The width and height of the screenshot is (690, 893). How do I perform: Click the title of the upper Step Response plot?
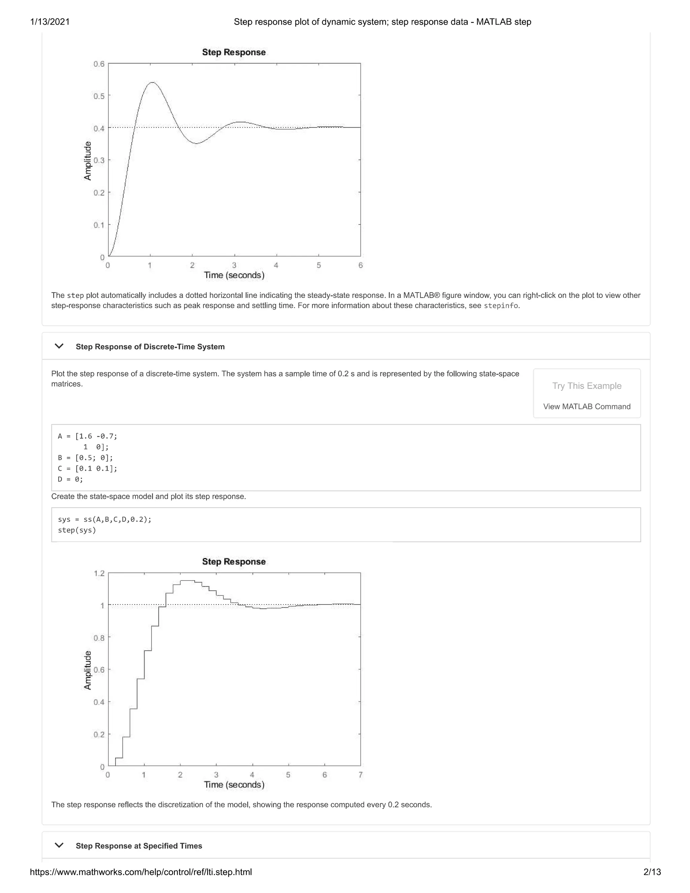(234, 52)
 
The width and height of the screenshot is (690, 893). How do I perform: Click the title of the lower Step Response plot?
(234, 562)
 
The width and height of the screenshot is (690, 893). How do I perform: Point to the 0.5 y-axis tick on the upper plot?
(99, 96)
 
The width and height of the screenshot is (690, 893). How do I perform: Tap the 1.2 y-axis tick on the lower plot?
(99, 573)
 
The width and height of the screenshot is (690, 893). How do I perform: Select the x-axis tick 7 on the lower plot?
(360, 775)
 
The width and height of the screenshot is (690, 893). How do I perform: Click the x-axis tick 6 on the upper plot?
(360, 265)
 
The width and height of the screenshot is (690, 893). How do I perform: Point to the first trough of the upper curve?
(196, 144)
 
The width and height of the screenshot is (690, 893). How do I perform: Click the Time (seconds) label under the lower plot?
(234, 784)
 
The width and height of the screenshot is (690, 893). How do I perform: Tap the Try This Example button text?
(587, 386)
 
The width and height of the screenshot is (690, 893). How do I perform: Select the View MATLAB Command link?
(587, 406)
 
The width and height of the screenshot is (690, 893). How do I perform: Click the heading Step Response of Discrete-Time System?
(150, 347)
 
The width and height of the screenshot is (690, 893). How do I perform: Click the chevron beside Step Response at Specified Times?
(59, 845)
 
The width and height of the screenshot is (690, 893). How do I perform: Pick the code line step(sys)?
(77, 530)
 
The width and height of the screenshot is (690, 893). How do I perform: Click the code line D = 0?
(70, 479)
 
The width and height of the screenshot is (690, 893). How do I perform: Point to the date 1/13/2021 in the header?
(50, 22)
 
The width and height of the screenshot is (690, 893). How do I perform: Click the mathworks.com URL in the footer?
(141, 872)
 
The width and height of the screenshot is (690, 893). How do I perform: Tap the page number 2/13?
(652, 872)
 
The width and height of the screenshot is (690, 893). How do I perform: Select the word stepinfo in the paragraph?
(501, 306)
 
